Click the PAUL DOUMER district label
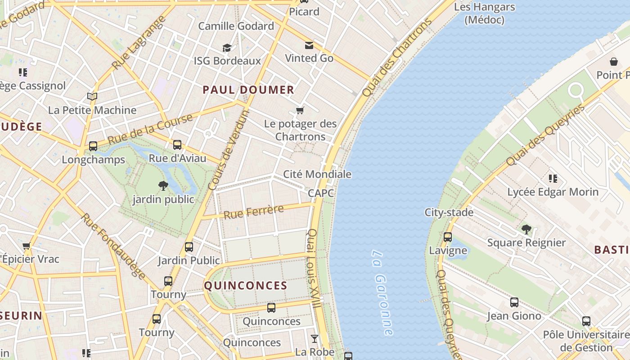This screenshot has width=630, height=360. [248, 90]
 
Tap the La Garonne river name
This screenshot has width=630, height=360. [382, 292]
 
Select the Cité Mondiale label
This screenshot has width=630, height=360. [317, 174]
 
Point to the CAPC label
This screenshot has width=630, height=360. [321, 193]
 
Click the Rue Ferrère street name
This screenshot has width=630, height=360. [254, 211]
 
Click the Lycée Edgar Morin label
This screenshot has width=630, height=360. [553, 192]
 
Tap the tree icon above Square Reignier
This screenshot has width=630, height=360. [526, 229]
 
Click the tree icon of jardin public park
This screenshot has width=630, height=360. [163, 185]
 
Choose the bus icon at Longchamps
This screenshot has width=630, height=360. [93, 146]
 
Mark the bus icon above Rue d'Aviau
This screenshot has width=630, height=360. [177, 145]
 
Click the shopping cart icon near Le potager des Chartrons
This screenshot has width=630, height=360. [300, 110]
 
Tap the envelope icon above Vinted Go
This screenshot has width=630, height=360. [309, 45]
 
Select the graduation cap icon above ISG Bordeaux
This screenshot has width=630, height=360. [227, 48]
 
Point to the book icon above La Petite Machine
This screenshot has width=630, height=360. [92, 96]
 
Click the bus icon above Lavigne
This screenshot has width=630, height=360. [447, 237]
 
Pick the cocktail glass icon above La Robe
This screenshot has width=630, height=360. [315, 338]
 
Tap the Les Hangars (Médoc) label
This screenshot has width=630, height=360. [484, 13]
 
